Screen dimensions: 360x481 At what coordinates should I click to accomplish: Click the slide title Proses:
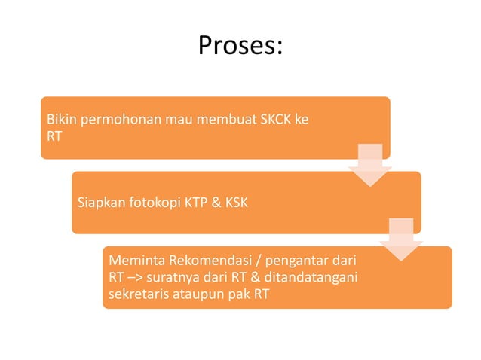tap(240, 46)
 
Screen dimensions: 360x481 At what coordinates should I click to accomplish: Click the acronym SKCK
tap(275, 120)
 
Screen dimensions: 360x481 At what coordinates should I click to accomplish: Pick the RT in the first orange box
tap(54, 137)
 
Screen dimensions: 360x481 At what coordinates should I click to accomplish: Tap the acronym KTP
tap(194, 203)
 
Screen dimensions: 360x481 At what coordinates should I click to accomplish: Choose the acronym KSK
tap(237, 203)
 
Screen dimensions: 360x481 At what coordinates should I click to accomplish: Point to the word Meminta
tap(133, 261)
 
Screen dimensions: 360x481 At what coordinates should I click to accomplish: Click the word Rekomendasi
tap(200, 261)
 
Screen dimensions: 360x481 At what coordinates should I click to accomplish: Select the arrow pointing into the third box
tap(401, 240)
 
